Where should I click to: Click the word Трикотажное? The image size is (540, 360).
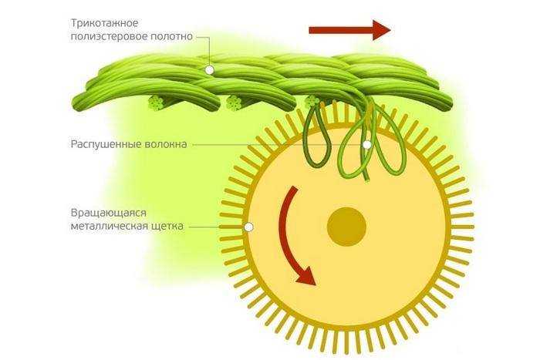pyautogui.click(x=104, y=23)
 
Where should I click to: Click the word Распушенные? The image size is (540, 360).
pyautogui.click(x=105, y=144)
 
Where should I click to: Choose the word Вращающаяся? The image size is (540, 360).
pyautogui.click(x=109, y=213)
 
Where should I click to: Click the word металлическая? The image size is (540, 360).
pyautogui.click(x=110, y=227)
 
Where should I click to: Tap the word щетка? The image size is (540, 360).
pyautogui.click(x=167, y=227)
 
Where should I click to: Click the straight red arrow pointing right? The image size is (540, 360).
pyautogui.click(x=350, y=30)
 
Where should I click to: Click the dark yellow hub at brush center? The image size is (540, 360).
pyautogui.click(x=346, y=227)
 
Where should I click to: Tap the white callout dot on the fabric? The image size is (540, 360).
pyautogui.click(x=209, y=70)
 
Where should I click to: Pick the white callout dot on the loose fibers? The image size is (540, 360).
pyautogui.click(x=367, y=145)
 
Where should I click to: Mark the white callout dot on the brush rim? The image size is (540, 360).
pyautogui.click(x=248, y=227)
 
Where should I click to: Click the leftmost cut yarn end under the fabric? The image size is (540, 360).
pyautogui.click(x=157, y=103)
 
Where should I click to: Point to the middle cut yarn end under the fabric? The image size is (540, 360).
pyautogui.click(x=235, y=103)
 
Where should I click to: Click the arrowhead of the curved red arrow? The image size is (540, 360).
pyautogui.click(x=305, y=275)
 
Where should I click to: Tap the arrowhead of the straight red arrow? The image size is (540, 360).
pyautogui.click(x=382, y=30)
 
